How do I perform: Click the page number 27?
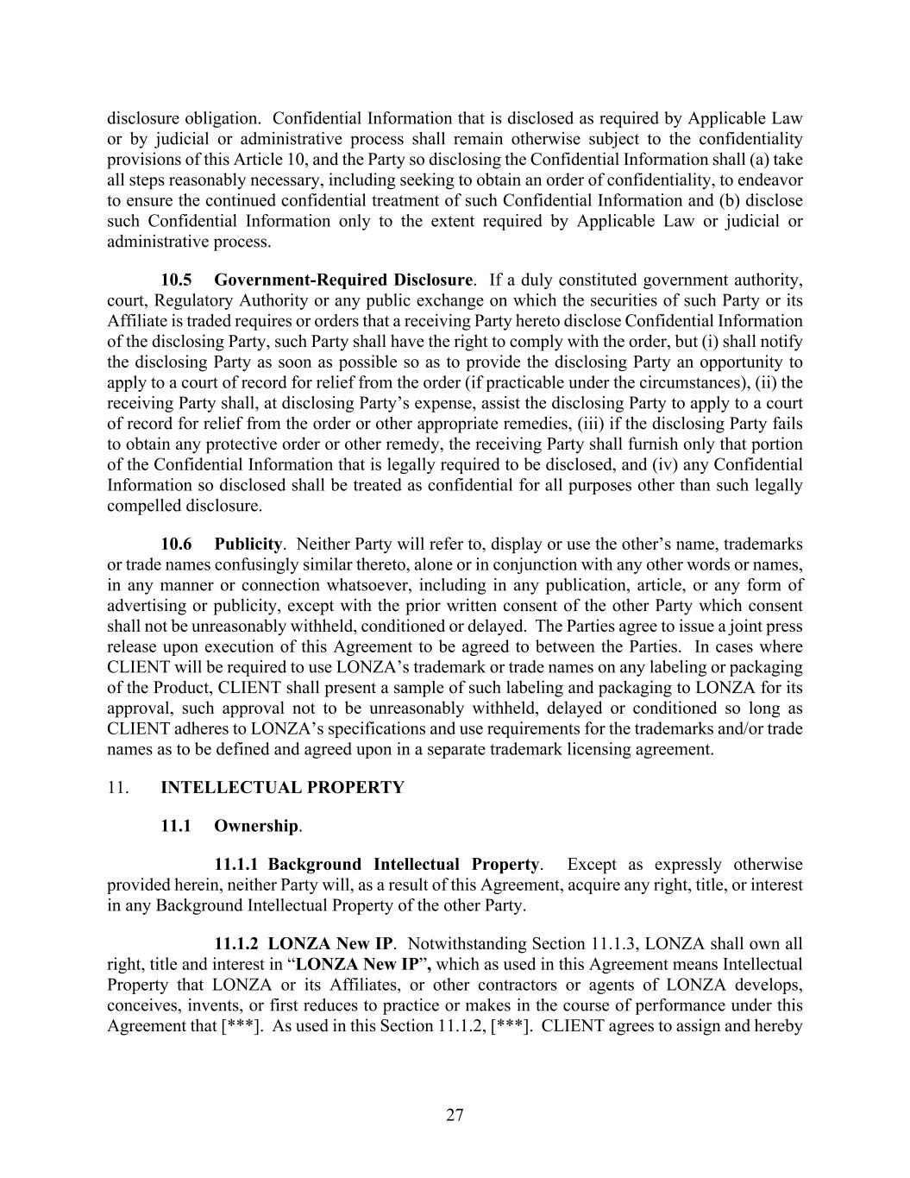click(x=455, y=1115)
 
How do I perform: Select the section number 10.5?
click(x=176, y=280)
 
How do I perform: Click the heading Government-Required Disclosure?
click(x=343, y=280)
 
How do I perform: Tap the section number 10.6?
click(x=176, y=544)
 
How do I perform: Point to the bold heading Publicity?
click(x=248, y=544)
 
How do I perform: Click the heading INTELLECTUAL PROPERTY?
click(x=282, y=787)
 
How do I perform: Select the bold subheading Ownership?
click(x=255, y=826)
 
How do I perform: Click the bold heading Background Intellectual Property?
click(x=404, y=864)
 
